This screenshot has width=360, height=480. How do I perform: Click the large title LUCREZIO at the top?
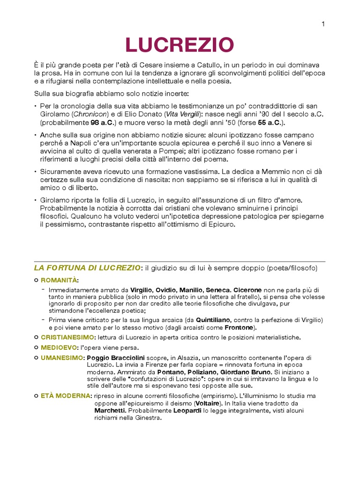(179, 45)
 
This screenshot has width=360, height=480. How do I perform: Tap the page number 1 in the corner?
(323, 24)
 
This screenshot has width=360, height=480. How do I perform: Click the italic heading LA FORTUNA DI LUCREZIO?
(87, 268)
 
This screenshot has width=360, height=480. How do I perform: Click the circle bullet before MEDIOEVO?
(36, 348)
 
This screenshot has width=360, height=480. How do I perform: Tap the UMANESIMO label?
(61, 358)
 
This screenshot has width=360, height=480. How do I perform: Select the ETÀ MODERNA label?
(65, 396)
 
